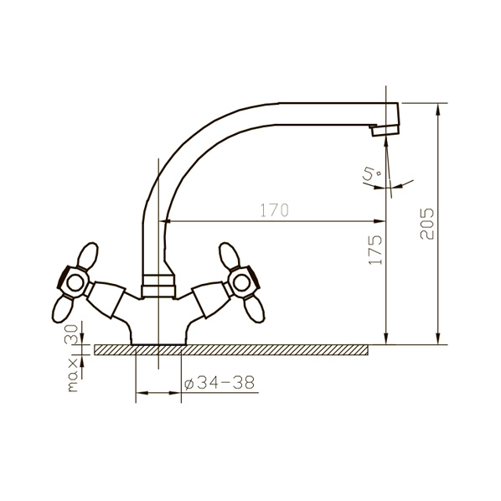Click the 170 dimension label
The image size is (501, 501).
click(x=275, y=210)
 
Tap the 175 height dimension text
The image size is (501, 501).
click(x=375, y=250)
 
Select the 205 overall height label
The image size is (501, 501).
click(x=427, y=224)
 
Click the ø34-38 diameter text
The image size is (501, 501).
click(x=220, y=382)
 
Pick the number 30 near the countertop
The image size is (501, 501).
click(x=71, y=334)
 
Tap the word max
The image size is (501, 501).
click(x=73, y=374)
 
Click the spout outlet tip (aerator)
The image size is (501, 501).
click(x=385, y=131)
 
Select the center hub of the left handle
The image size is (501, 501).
click(x=75, y=283)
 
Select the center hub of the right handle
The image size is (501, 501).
click(x=242, y=283)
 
